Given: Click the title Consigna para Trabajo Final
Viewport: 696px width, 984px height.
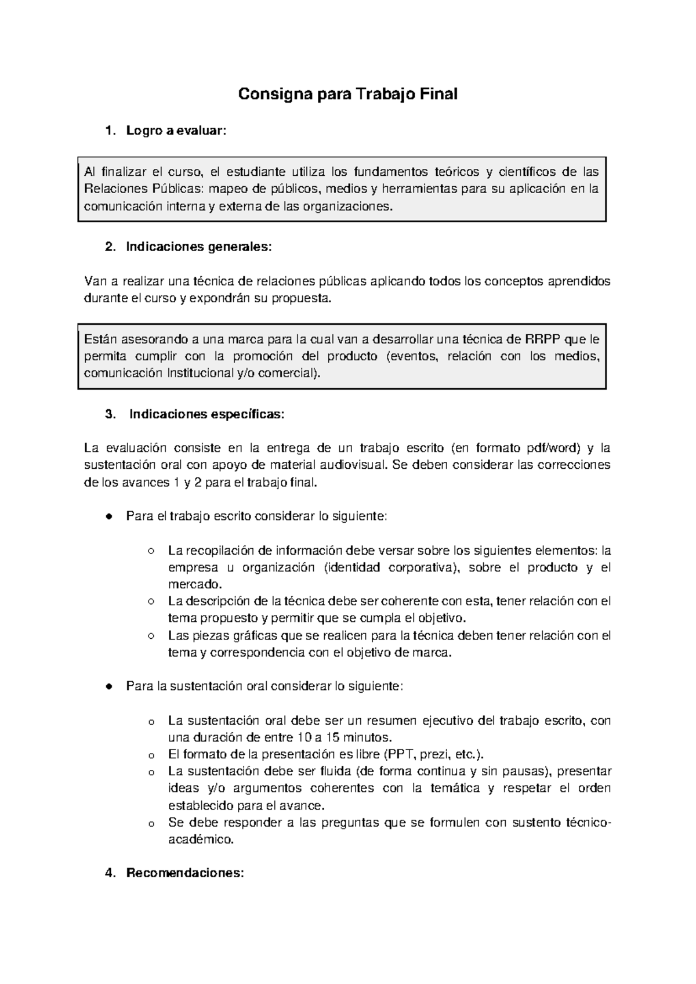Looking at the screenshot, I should pos(348,94).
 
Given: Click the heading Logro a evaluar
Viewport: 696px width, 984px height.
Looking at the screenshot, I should pos(174,131).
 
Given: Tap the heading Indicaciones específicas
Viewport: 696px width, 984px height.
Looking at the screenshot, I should pos(207,414).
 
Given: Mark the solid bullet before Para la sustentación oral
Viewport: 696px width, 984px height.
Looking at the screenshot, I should pos(108,686).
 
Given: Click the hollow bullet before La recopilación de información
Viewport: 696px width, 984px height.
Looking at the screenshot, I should pos(151,551).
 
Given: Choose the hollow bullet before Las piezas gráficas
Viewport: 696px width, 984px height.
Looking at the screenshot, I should pos(151,635).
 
